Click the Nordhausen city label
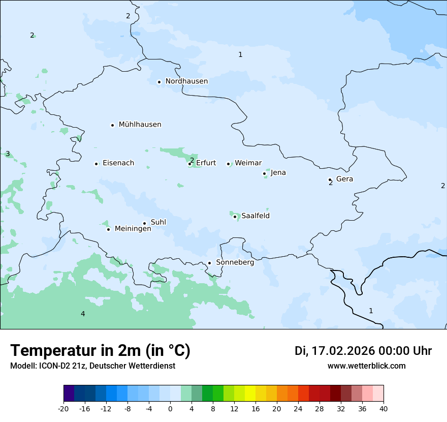186,81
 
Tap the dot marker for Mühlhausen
113,125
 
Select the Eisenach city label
118,163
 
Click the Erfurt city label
206,163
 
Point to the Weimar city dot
229,164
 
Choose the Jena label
278,173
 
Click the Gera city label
344,179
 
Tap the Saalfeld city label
255,216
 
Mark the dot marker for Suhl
145,223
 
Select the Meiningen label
133,229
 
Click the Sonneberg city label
235,263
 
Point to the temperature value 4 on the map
83,314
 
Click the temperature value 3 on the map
8,154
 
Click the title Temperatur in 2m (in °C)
100,351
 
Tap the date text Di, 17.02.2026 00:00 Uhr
363,351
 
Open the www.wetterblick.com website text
366,366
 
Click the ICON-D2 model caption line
92,366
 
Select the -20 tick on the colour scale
63,409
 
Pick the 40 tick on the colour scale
383,409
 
